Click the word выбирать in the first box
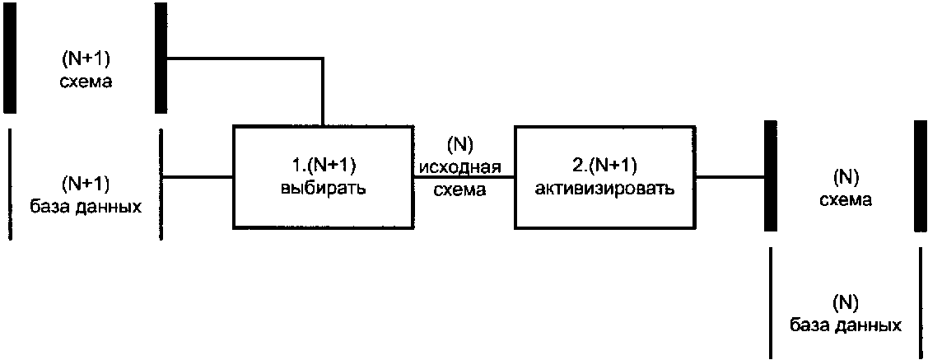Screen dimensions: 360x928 pyautogui.click(x=323, y=188)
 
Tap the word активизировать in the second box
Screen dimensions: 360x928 pyautogui.click(x=604, y=188)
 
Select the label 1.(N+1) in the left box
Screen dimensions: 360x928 pyautogui.click(x=323, y=163)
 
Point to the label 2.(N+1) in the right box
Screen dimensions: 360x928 pyautogui.click(x=604, y=163)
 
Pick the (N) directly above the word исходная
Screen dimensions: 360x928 pyautogui.click(x=460, y=145)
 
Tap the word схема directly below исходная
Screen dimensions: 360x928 pyautogui.click(x=460, y=189)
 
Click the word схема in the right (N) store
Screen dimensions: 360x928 pyautogui.click(x=846, y=199)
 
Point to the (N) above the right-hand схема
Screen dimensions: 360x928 pyautogui.click(x=846, y=176)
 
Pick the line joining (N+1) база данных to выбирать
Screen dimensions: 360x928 pyautogui.click(x=198, y=176)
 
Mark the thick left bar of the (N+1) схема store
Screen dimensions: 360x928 pyautogui.click(x=9, y=57)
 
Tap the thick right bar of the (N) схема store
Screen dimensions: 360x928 pyautogui.click(x=921, y=175)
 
